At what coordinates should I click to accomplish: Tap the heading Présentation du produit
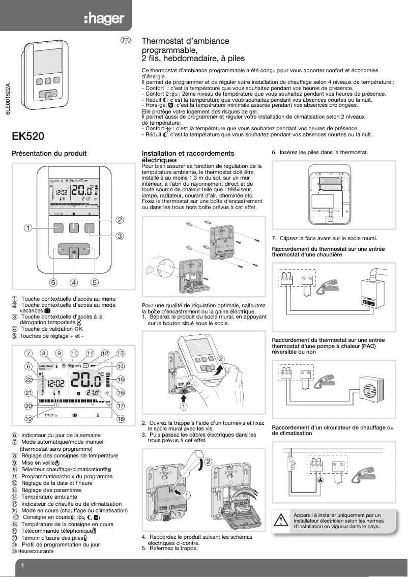pos(49,153)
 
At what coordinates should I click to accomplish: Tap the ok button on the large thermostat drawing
pos(74,252)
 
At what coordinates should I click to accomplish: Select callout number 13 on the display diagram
pos(121,353)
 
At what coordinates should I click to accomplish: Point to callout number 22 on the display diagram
pos(28,380)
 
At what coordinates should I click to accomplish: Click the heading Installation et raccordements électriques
pos(188,156)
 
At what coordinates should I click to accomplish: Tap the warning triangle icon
pos(281,521)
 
